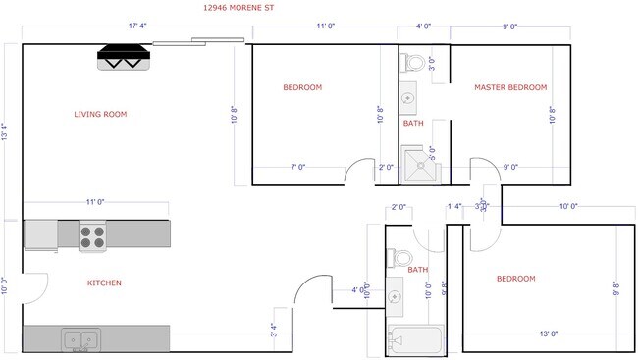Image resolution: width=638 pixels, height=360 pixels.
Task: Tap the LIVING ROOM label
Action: [100, 114]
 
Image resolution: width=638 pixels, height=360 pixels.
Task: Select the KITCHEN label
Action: [104, 283]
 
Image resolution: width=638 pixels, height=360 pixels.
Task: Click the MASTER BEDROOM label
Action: [509, 87]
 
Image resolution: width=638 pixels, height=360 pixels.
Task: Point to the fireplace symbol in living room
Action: [125, 58]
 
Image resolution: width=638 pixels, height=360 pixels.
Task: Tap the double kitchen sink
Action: [79, 339]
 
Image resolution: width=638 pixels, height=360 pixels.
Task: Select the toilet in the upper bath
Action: [415, 63]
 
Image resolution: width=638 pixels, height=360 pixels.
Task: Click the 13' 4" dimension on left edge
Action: [7, 131]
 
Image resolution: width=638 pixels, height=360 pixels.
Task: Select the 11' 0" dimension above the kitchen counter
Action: [94, 202]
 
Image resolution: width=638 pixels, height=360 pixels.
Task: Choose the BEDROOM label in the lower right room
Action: [515, 279]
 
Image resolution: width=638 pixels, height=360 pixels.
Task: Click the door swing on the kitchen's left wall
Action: [36, 287]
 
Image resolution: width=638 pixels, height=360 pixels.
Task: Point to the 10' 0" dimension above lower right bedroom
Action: [567, 206]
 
